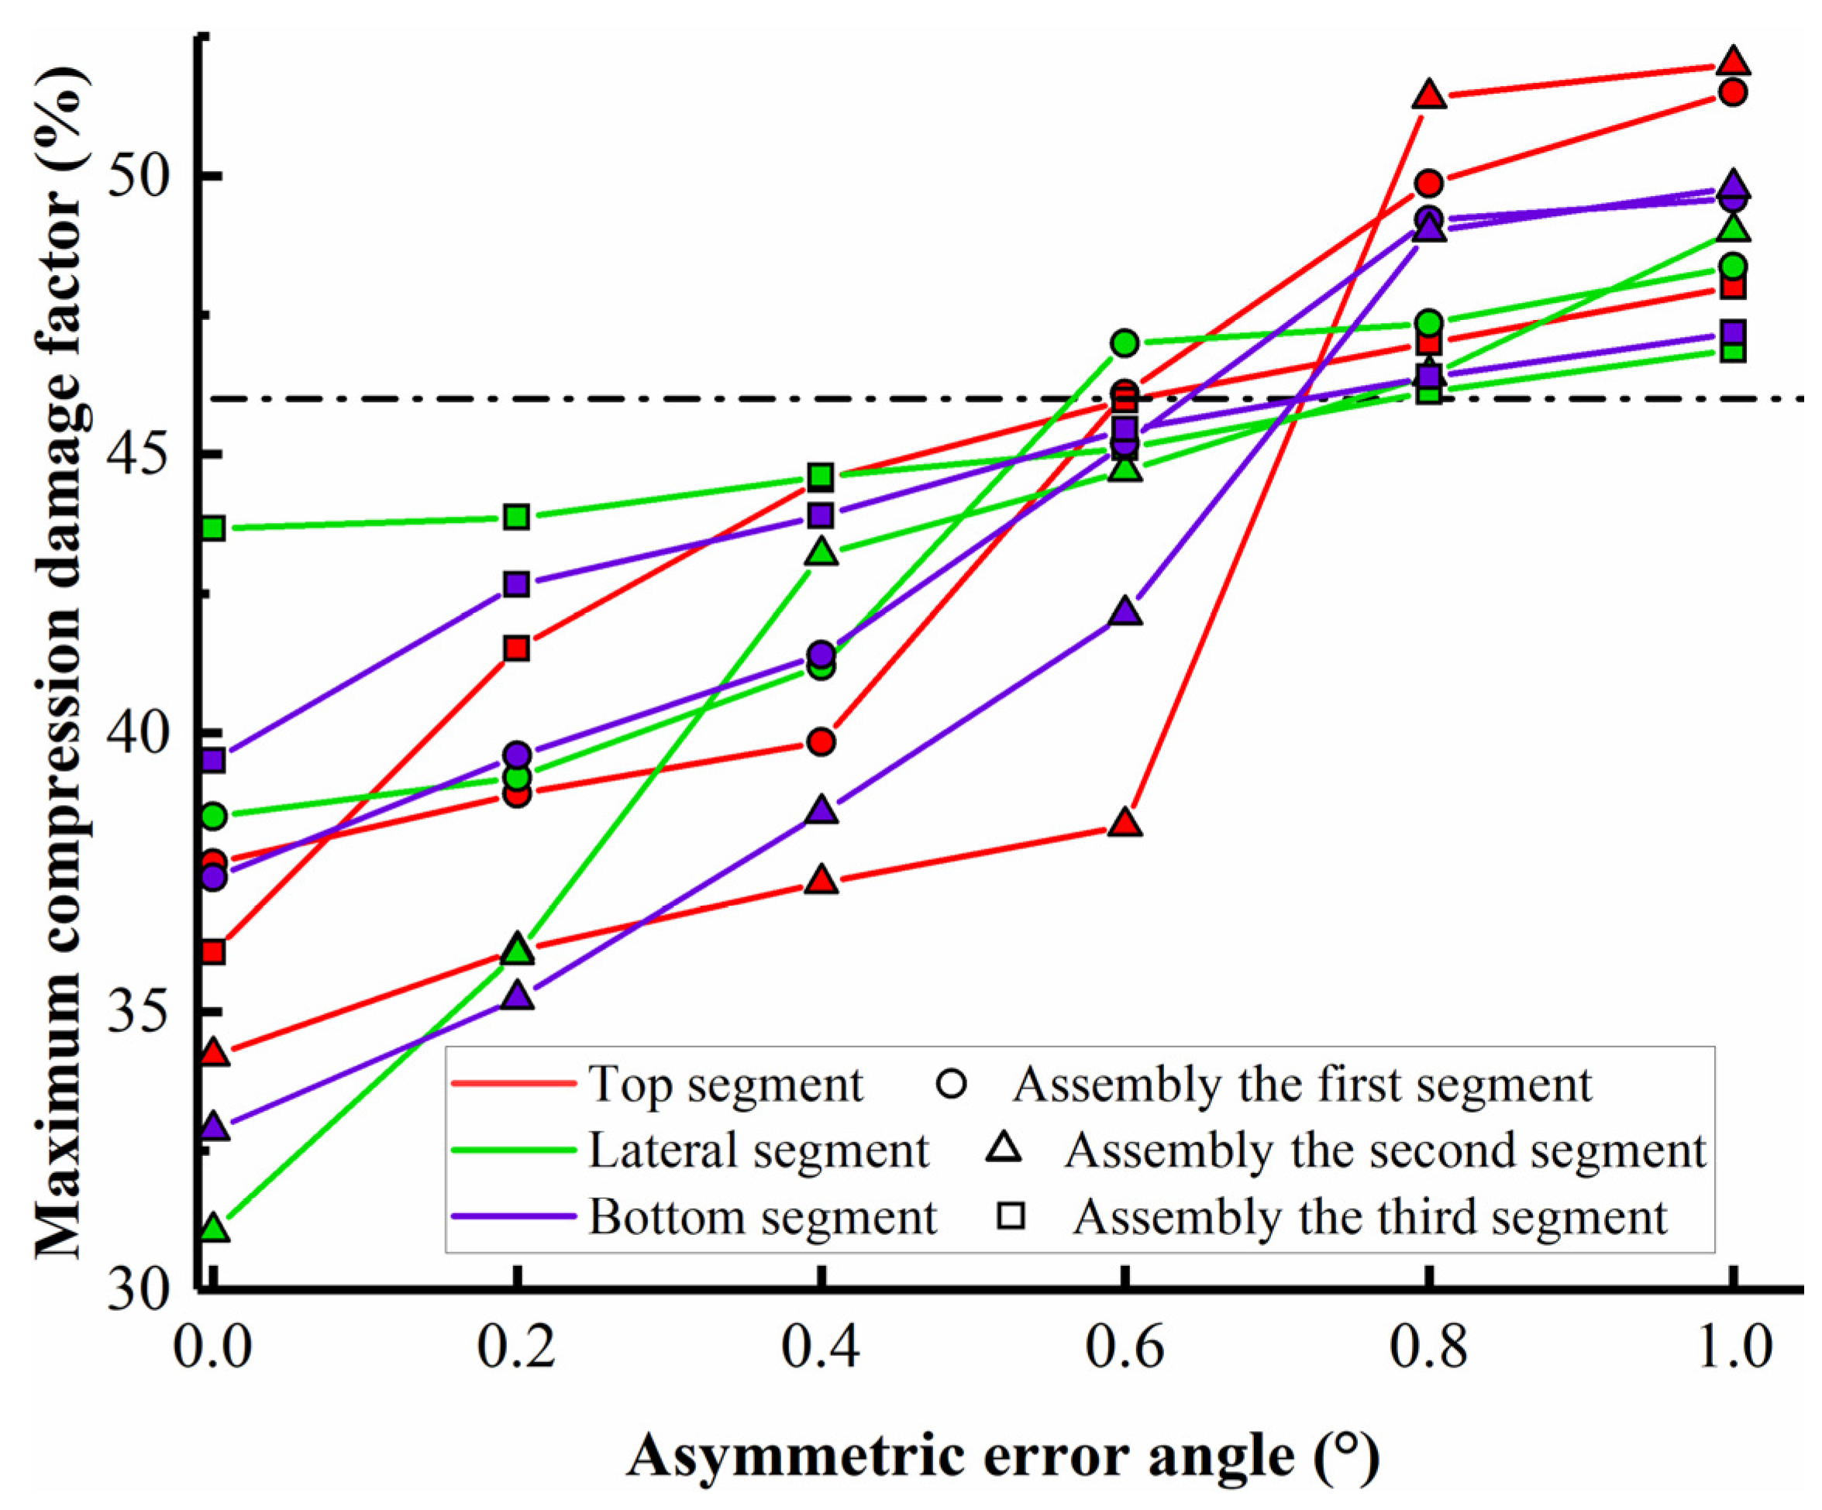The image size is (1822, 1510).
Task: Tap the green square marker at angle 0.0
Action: [x=213, y=528]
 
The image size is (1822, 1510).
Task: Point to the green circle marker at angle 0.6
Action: [x=1125, y=342]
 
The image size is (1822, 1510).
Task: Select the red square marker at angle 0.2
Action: [x=517, y=648]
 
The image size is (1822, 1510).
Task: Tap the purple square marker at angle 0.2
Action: [x=517, y=583]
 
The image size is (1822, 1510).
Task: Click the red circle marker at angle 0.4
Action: [x=821, y=741]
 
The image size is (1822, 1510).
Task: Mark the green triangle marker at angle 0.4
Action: [x=821, y=552]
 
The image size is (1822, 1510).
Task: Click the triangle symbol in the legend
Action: [x=1004, y=1148]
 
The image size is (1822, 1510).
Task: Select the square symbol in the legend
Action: [x=1011, y=1216]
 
